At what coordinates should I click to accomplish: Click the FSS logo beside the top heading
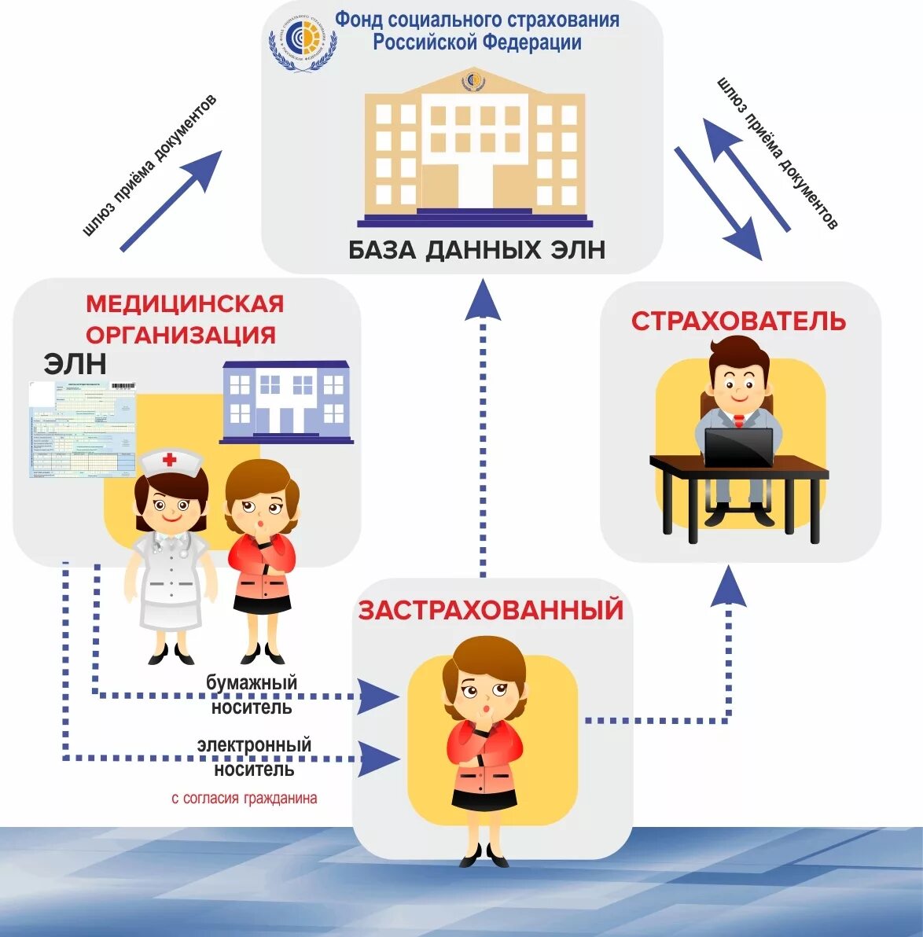tap(302, 40)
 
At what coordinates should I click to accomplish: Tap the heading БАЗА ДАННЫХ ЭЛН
tap(476, 250)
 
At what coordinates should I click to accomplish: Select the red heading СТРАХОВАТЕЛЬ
tap(738, 321)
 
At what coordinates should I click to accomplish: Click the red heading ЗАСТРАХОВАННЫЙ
tap(491, 610)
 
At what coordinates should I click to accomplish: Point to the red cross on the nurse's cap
tap(170, 460)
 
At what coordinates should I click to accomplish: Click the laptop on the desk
tap(738, 447)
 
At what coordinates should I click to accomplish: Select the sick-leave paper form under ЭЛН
tap(83, 429)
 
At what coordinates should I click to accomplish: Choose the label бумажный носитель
tap(252, 694)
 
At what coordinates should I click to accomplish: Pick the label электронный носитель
tap(253, 756)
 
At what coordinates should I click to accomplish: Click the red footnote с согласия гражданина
tap(245, 798)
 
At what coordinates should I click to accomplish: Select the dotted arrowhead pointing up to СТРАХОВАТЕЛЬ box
tap(729, 586)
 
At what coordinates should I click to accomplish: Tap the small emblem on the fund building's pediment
tap(473, 80)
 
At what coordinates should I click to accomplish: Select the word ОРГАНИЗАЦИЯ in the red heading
tap(181, 335)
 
